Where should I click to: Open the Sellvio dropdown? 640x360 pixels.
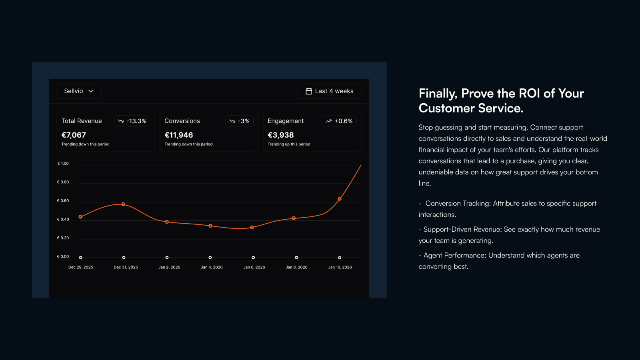(79, 91)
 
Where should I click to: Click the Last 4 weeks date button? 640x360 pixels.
(330, 91)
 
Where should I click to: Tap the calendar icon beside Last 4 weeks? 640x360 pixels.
(309, 91)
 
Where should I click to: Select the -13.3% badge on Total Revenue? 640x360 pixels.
(132, 121)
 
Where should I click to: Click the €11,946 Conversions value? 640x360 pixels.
(178, 135)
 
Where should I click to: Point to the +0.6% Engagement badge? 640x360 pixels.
(339, 121)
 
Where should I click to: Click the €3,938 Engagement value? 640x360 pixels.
(280, 135)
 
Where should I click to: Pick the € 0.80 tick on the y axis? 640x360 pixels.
(63, 182)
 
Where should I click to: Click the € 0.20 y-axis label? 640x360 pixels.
(63, 238)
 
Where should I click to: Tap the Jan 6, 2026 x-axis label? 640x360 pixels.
(254, 267)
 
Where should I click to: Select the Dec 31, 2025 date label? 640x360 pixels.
(126, 267)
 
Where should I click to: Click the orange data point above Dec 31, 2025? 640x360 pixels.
(124, 204)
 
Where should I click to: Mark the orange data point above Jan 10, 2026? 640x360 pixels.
(340, 199)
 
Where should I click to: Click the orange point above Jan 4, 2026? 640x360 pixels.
(210, 226)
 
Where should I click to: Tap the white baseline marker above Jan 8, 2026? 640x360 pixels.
(296, 258)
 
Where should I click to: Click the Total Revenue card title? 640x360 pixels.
(82, 121)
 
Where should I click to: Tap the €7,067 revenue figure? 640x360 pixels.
(74, 135)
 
